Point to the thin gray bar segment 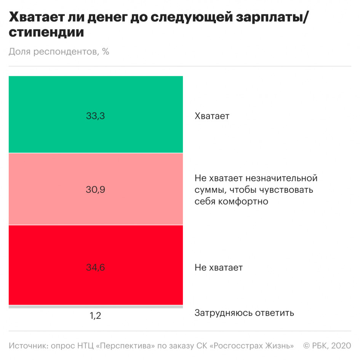(x=95, y=306)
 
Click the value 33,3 (x=95, y=116)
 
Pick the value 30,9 (x=95, y=189)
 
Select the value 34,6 (x=95, y=267)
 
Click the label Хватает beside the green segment (x=212, y=116)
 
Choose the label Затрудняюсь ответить (x=244, y=313)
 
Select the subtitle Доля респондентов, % (x=59, y=51)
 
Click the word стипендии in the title (x=46, y=33)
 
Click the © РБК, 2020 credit (x=327, y=346)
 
